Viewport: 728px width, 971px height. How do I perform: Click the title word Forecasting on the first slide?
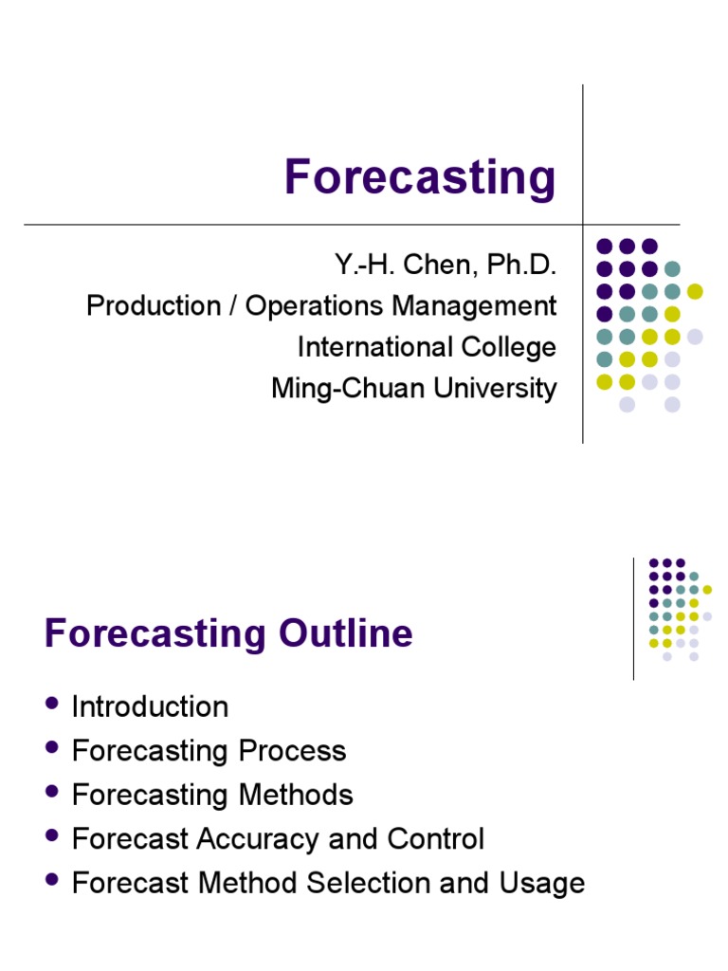pos(420,177)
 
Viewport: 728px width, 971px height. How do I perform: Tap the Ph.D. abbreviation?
pos(520,266)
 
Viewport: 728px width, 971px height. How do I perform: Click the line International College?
pos(427,347)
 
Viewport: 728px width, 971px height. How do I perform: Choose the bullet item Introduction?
pos(150,706)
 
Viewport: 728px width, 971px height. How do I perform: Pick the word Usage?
pos(544,884)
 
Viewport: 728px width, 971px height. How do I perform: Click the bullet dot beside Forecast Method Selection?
pos(51,880)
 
